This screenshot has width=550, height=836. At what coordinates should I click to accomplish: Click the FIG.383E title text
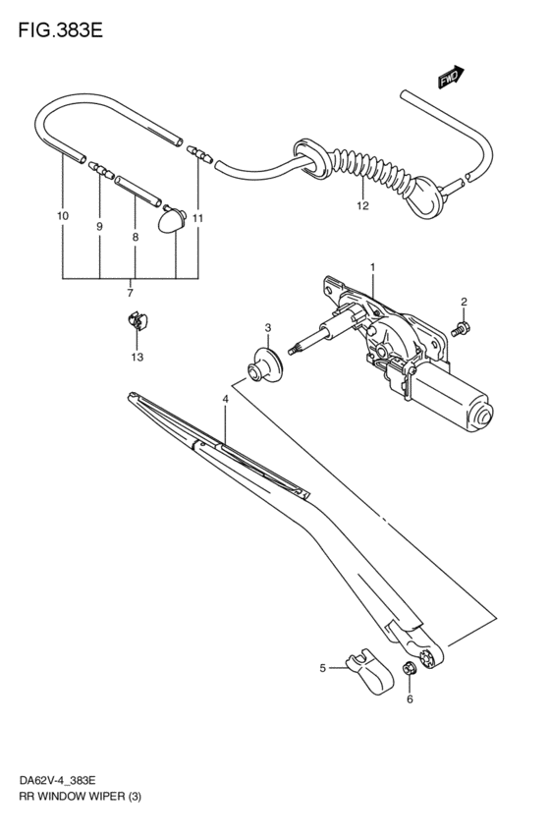[59, 28]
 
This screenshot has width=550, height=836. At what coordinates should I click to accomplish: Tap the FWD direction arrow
[449, 79]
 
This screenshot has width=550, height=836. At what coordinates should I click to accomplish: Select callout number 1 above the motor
[373, 267]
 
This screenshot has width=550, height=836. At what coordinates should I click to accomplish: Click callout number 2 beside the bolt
[464, 302]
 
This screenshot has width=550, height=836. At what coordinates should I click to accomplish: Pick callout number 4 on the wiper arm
[225, 400]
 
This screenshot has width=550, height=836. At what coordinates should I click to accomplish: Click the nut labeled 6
[410, 671]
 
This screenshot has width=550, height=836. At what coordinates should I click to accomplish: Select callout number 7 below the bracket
[130, 293]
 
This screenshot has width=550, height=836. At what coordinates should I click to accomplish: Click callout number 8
[135, 237]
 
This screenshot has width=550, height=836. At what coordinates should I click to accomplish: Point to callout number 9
[99, 227]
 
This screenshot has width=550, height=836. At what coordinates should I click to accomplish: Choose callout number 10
[63, 215]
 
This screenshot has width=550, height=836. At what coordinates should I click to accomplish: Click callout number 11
[197, 217]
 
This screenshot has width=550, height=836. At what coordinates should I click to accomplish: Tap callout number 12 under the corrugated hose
[362, 206]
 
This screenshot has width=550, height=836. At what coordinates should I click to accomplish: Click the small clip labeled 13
[137, 321]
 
